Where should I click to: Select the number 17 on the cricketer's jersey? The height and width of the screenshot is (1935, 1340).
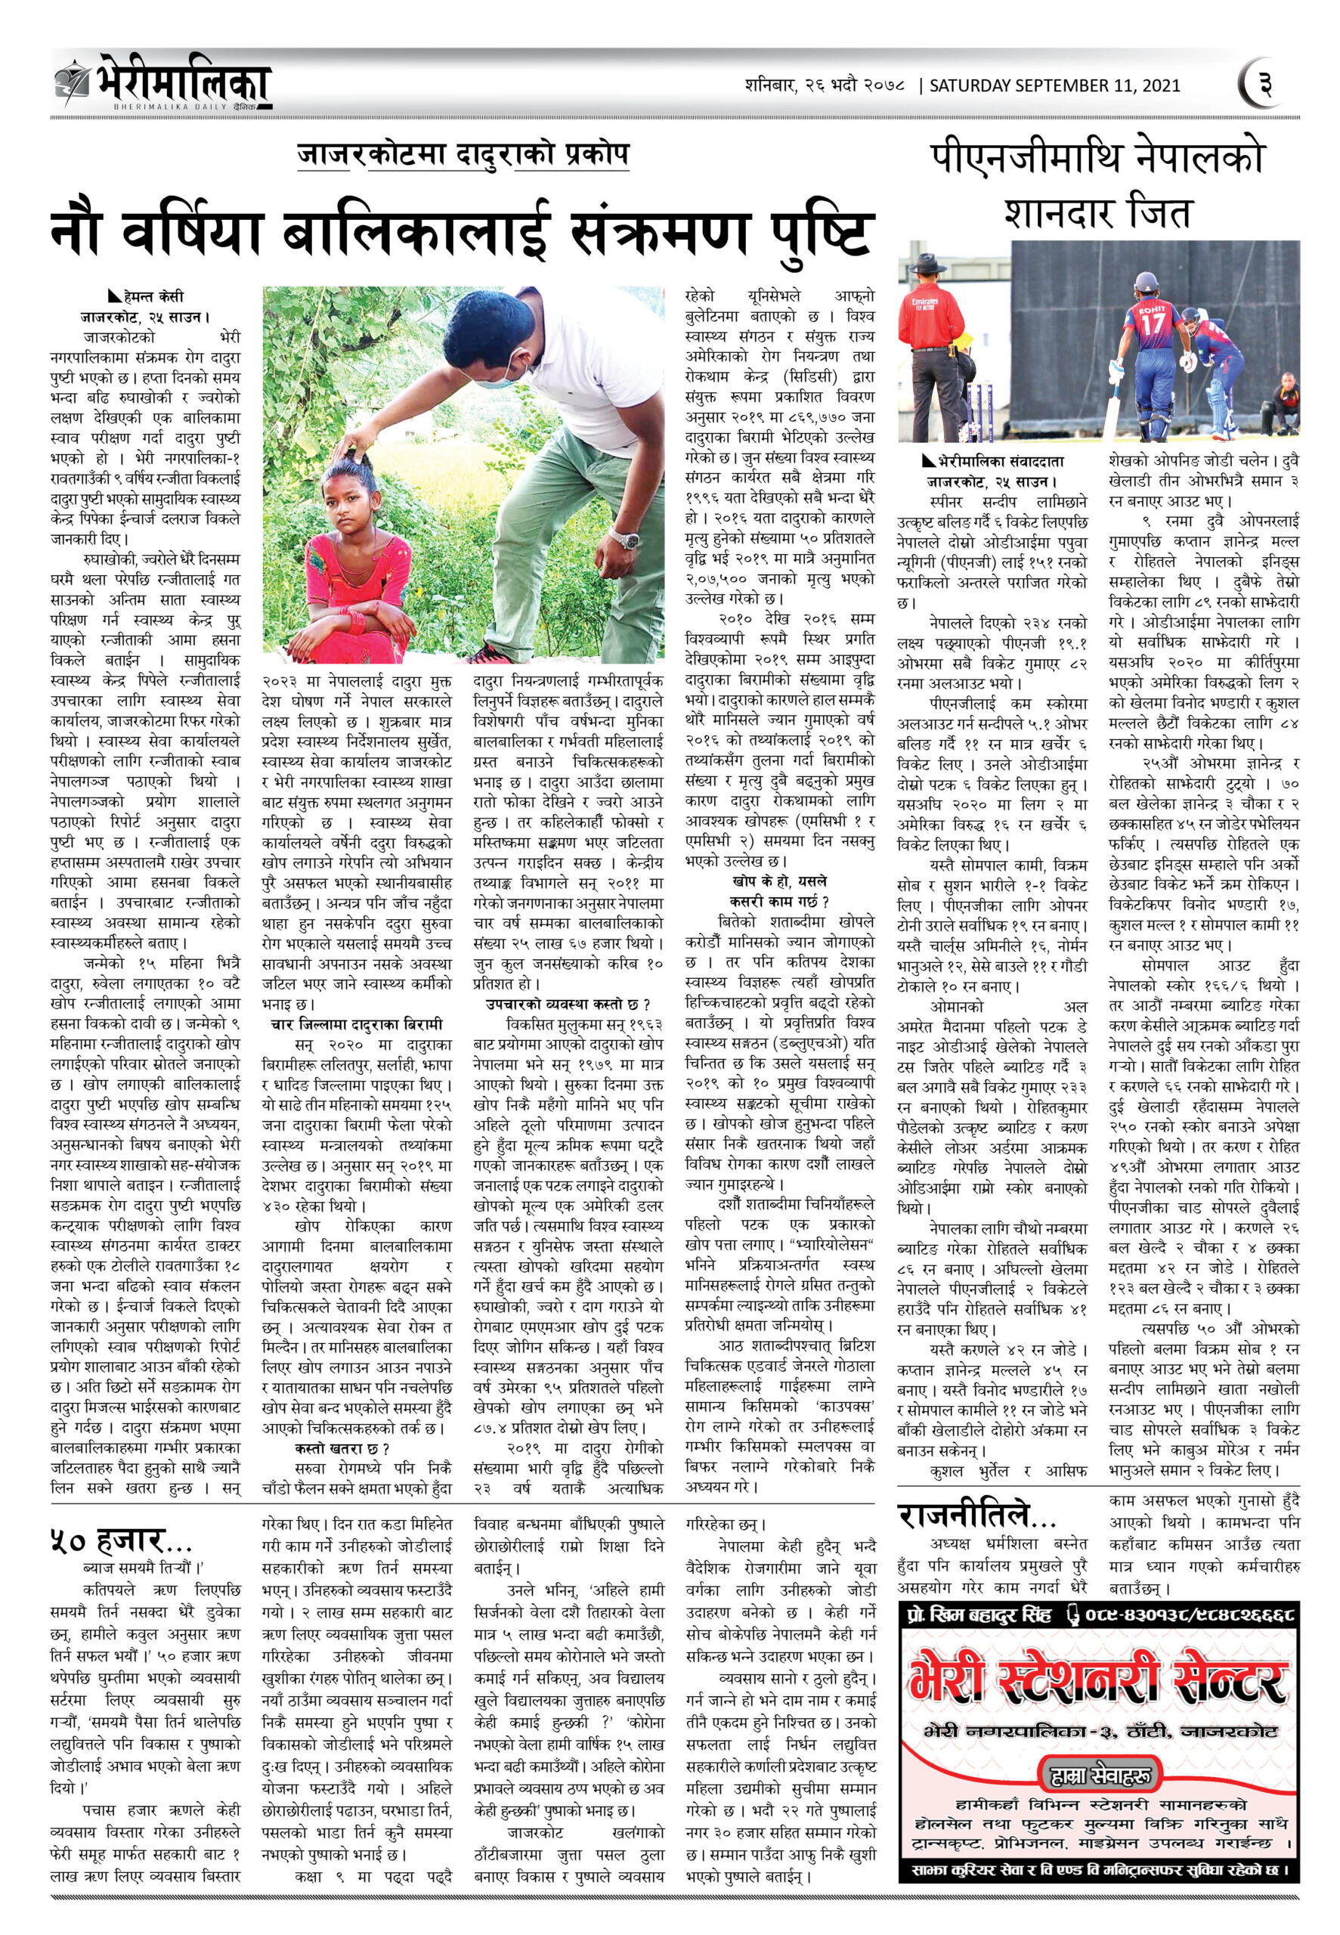1154,322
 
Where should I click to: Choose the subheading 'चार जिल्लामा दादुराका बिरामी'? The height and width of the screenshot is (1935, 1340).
356,1024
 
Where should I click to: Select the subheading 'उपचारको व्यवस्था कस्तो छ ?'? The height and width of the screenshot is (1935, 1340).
568,1004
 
